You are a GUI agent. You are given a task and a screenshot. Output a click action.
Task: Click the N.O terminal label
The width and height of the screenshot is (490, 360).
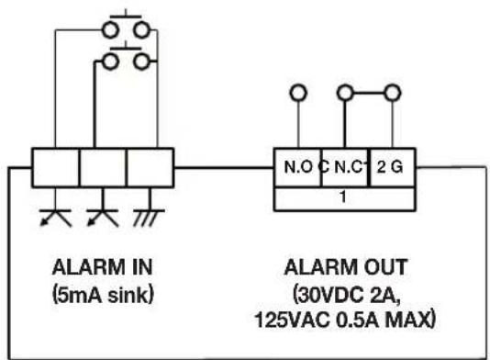pyautogui.click(x=295, y=169)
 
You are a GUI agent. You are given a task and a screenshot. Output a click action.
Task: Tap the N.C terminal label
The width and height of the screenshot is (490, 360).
pyautogui.click(x=349, y=169)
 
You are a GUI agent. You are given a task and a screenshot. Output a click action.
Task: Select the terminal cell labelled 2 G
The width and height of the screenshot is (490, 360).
pyautogui.click(x=390, y=169)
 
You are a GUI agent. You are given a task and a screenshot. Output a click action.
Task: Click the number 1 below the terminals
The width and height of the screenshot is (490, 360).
pyautogui.click(x=342, y=197)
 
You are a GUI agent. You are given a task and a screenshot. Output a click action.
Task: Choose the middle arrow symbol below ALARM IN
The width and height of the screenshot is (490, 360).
pyautogui.click(x=100, y=215)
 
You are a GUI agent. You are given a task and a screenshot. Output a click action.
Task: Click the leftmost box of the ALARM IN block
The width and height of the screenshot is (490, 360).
pyautogui.click(x=55, y=167)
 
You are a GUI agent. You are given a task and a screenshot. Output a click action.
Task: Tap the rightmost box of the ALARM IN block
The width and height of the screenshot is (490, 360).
pyautogui.click(x=148, y=167)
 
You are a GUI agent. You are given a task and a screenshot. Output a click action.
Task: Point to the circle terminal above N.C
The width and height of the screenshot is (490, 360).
pyautogui.click(x=346, y=94)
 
